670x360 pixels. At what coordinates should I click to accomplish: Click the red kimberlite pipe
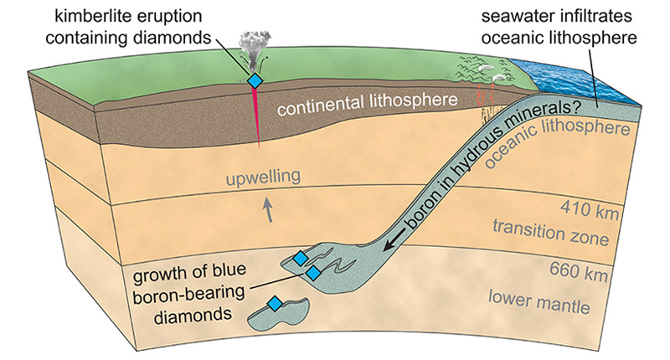pos(255,117)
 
